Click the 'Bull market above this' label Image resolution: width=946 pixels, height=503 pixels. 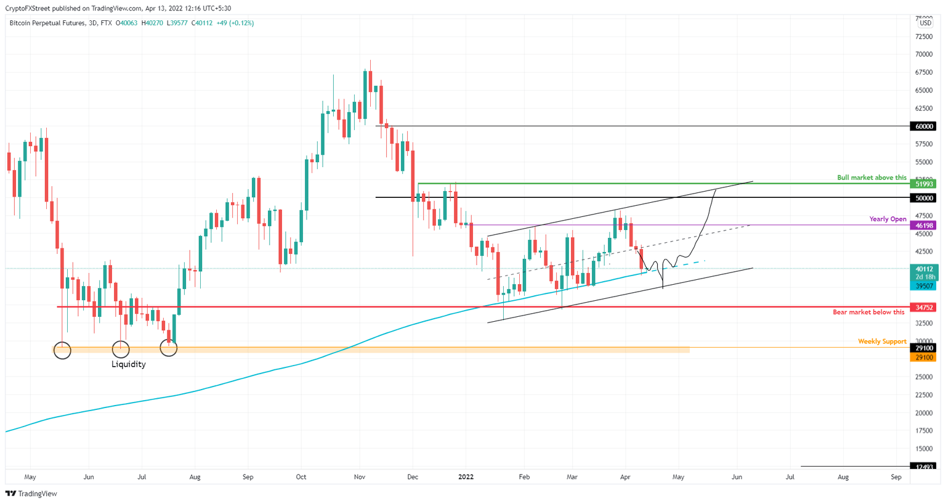click(x=871, y=178)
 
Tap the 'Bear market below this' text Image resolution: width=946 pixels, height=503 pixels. click(x=868, y=312)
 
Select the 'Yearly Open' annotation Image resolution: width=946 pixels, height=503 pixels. click(x=887, y=219)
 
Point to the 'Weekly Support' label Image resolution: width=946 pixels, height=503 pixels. click(x=882, y=341)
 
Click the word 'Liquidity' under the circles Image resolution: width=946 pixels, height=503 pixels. click(x=128, y=364)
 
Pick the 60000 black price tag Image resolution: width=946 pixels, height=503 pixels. click(x=924, y=126)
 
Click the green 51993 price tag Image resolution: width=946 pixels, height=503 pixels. click(x=924, y=184)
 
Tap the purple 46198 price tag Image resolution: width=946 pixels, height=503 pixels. click(x=924, y=226)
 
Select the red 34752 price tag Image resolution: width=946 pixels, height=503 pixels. click(x=924, y=307)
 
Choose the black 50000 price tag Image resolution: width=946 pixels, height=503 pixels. click(x=924, y=198)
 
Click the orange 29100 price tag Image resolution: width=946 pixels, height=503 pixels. click(x=924, y=358)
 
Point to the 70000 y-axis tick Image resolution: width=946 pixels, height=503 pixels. click(x=924, y=54)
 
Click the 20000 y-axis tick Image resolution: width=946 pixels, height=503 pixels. click(x=924, y=413)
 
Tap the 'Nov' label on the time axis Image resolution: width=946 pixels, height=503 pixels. click(x=360, y=476)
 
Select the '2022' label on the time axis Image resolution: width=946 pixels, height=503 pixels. click(x=466, y=476)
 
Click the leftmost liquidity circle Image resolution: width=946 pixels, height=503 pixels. click(x=62, y=351)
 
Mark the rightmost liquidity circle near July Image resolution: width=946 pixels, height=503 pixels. click(x=168, y=348)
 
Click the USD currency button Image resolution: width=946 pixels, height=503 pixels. click(x=925, y=23)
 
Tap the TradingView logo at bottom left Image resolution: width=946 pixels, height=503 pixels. click(x=31, y=494)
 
